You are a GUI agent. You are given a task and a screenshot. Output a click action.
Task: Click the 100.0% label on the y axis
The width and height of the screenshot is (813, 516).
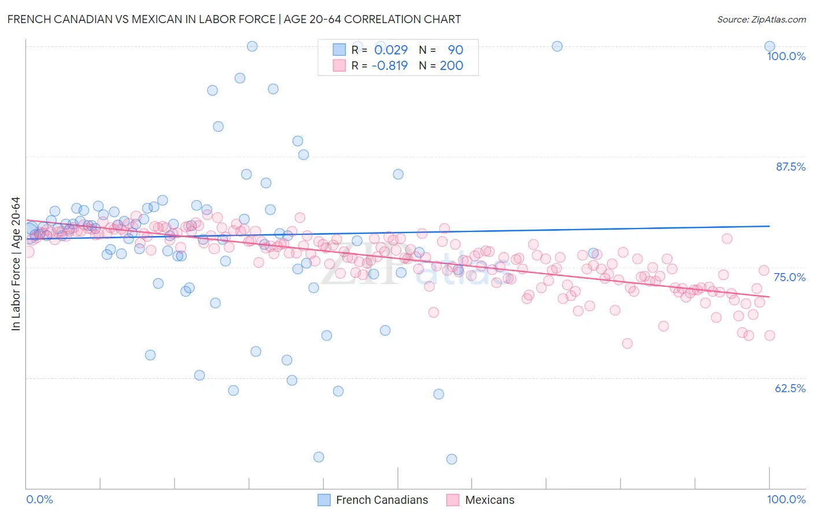[x=786, y=56]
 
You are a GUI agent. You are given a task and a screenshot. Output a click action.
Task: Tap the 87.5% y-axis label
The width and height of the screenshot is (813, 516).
[x=790, y=167]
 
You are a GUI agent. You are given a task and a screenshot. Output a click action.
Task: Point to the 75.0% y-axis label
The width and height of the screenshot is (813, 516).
[x=789, y=277]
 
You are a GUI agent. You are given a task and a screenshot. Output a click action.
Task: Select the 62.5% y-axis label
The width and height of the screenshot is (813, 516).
[x=790, y=388]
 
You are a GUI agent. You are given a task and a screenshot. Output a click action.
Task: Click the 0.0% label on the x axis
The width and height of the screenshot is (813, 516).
[x=39, y=499]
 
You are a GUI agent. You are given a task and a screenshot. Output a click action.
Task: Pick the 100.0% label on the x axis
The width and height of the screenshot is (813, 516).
[x=786, y=499]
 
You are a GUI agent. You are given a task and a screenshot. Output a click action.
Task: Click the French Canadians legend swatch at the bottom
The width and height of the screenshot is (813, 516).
[x=324, y=500]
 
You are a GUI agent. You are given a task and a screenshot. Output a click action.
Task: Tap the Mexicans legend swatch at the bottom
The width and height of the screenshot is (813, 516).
[x=453, y=500]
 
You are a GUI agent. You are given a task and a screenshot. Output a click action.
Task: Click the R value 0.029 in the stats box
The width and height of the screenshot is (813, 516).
[x=391, y=50]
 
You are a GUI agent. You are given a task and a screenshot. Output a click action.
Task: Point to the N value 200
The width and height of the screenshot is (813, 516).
[x=451, y=66]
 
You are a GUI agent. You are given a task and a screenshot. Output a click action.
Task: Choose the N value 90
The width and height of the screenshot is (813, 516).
[x=455, y=50]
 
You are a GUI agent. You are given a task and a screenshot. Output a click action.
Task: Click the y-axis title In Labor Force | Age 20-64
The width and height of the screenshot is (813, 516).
[x=16, y=264]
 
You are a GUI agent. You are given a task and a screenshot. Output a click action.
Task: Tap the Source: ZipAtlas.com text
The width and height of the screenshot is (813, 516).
[x=761, y=20]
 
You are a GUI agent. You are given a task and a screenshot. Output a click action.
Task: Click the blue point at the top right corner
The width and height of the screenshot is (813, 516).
[x=770, y=46]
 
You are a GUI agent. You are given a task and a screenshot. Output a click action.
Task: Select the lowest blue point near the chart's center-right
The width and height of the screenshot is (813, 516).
[x=452, y=459]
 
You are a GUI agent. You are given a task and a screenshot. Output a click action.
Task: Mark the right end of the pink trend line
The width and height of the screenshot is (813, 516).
[x=770, y=297]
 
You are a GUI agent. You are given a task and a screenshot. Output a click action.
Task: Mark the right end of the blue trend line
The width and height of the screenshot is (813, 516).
[x=770, y=226]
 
